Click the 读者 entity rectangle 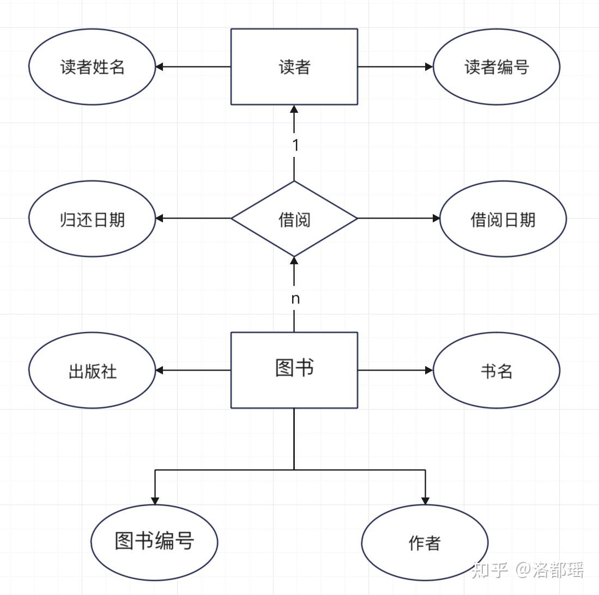coord(294,66)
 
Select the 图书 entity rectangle coord(294,370)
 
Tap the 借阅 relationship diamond coord(294,218)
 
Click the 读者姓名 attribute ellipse coord(92,66)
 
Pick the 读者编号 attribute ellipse coord(497,66)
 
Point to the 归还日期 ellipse coord(92,218)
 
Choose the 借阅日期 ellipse coord(503,218)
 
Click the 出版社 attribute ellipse coord(92,371)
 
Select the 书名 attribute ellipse coord(497,371)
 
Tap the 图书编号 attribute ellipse coord(154,542)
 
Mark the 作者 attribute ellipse coord(425,542)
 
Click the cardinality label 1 coord(295,145)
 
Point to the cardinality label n coord(295,299)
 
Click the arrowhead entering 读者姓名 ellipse coord(160,66)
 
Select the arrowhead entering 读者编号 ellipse coord(429,66)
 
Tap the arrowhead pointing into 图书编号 coord(155,500)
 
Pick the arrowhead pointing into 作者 coord(425,500)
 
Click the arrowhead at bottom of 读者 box coord(294,109)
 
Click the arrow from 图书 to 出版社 coord(193,370)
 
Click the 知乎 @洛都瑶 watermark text coord(528,570)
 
